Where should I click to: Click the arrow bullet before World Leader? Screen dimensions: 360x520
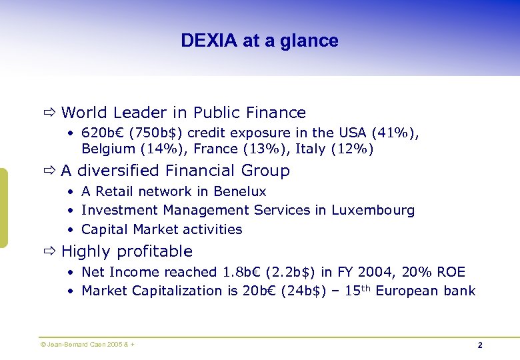50,113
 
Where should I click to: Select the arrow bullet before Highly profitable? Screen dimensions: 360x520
50,251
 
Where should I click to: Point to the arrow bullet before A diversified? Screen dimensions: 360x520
50,171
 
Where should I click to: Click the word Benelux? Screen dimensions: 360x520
240,191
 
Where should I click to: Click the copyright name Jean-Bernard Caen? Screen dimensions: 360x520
74,344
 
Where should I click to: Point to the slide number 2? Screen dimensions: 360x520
479,345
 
